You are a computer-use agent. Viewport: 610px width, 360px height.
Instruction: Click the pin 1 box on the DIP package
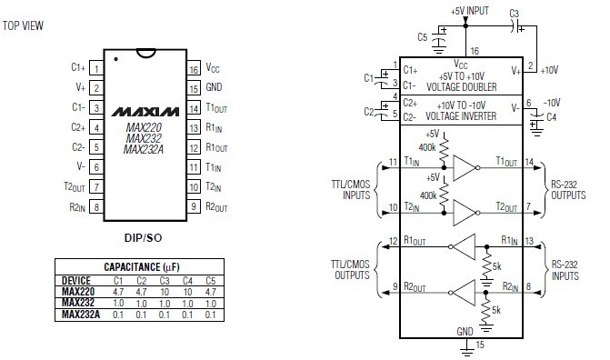(x=96, y=67)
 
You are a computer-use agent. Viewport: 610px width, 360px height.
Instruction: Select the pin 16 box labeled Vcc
(x=194, y=68)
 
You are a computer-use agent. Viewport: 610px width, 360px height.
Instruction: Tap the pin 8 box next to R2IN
(x=96, y=206)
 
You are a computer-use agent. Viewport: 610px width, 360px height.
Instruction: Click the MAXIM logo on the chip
(x=145, y=112)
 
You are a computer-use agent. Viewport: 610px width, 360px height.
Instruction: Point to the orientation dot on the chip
(x=116, y=59)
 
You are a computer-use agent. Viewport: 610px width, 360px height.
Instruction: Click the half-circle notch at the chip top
(x=146, y=54)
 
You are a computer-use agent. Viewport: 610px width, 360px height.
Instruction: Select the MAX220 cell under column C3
(x=165, y=292)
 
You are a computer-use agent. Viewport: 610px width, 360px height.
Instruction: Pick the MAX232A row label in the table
(x=81, y=314)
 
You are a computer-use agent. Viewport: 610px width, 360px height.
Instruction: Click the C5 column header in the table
(x=210, y=281)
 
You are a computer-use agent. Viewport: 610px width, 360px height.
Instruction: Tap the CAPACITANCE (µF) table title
(x=142, y=267)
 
